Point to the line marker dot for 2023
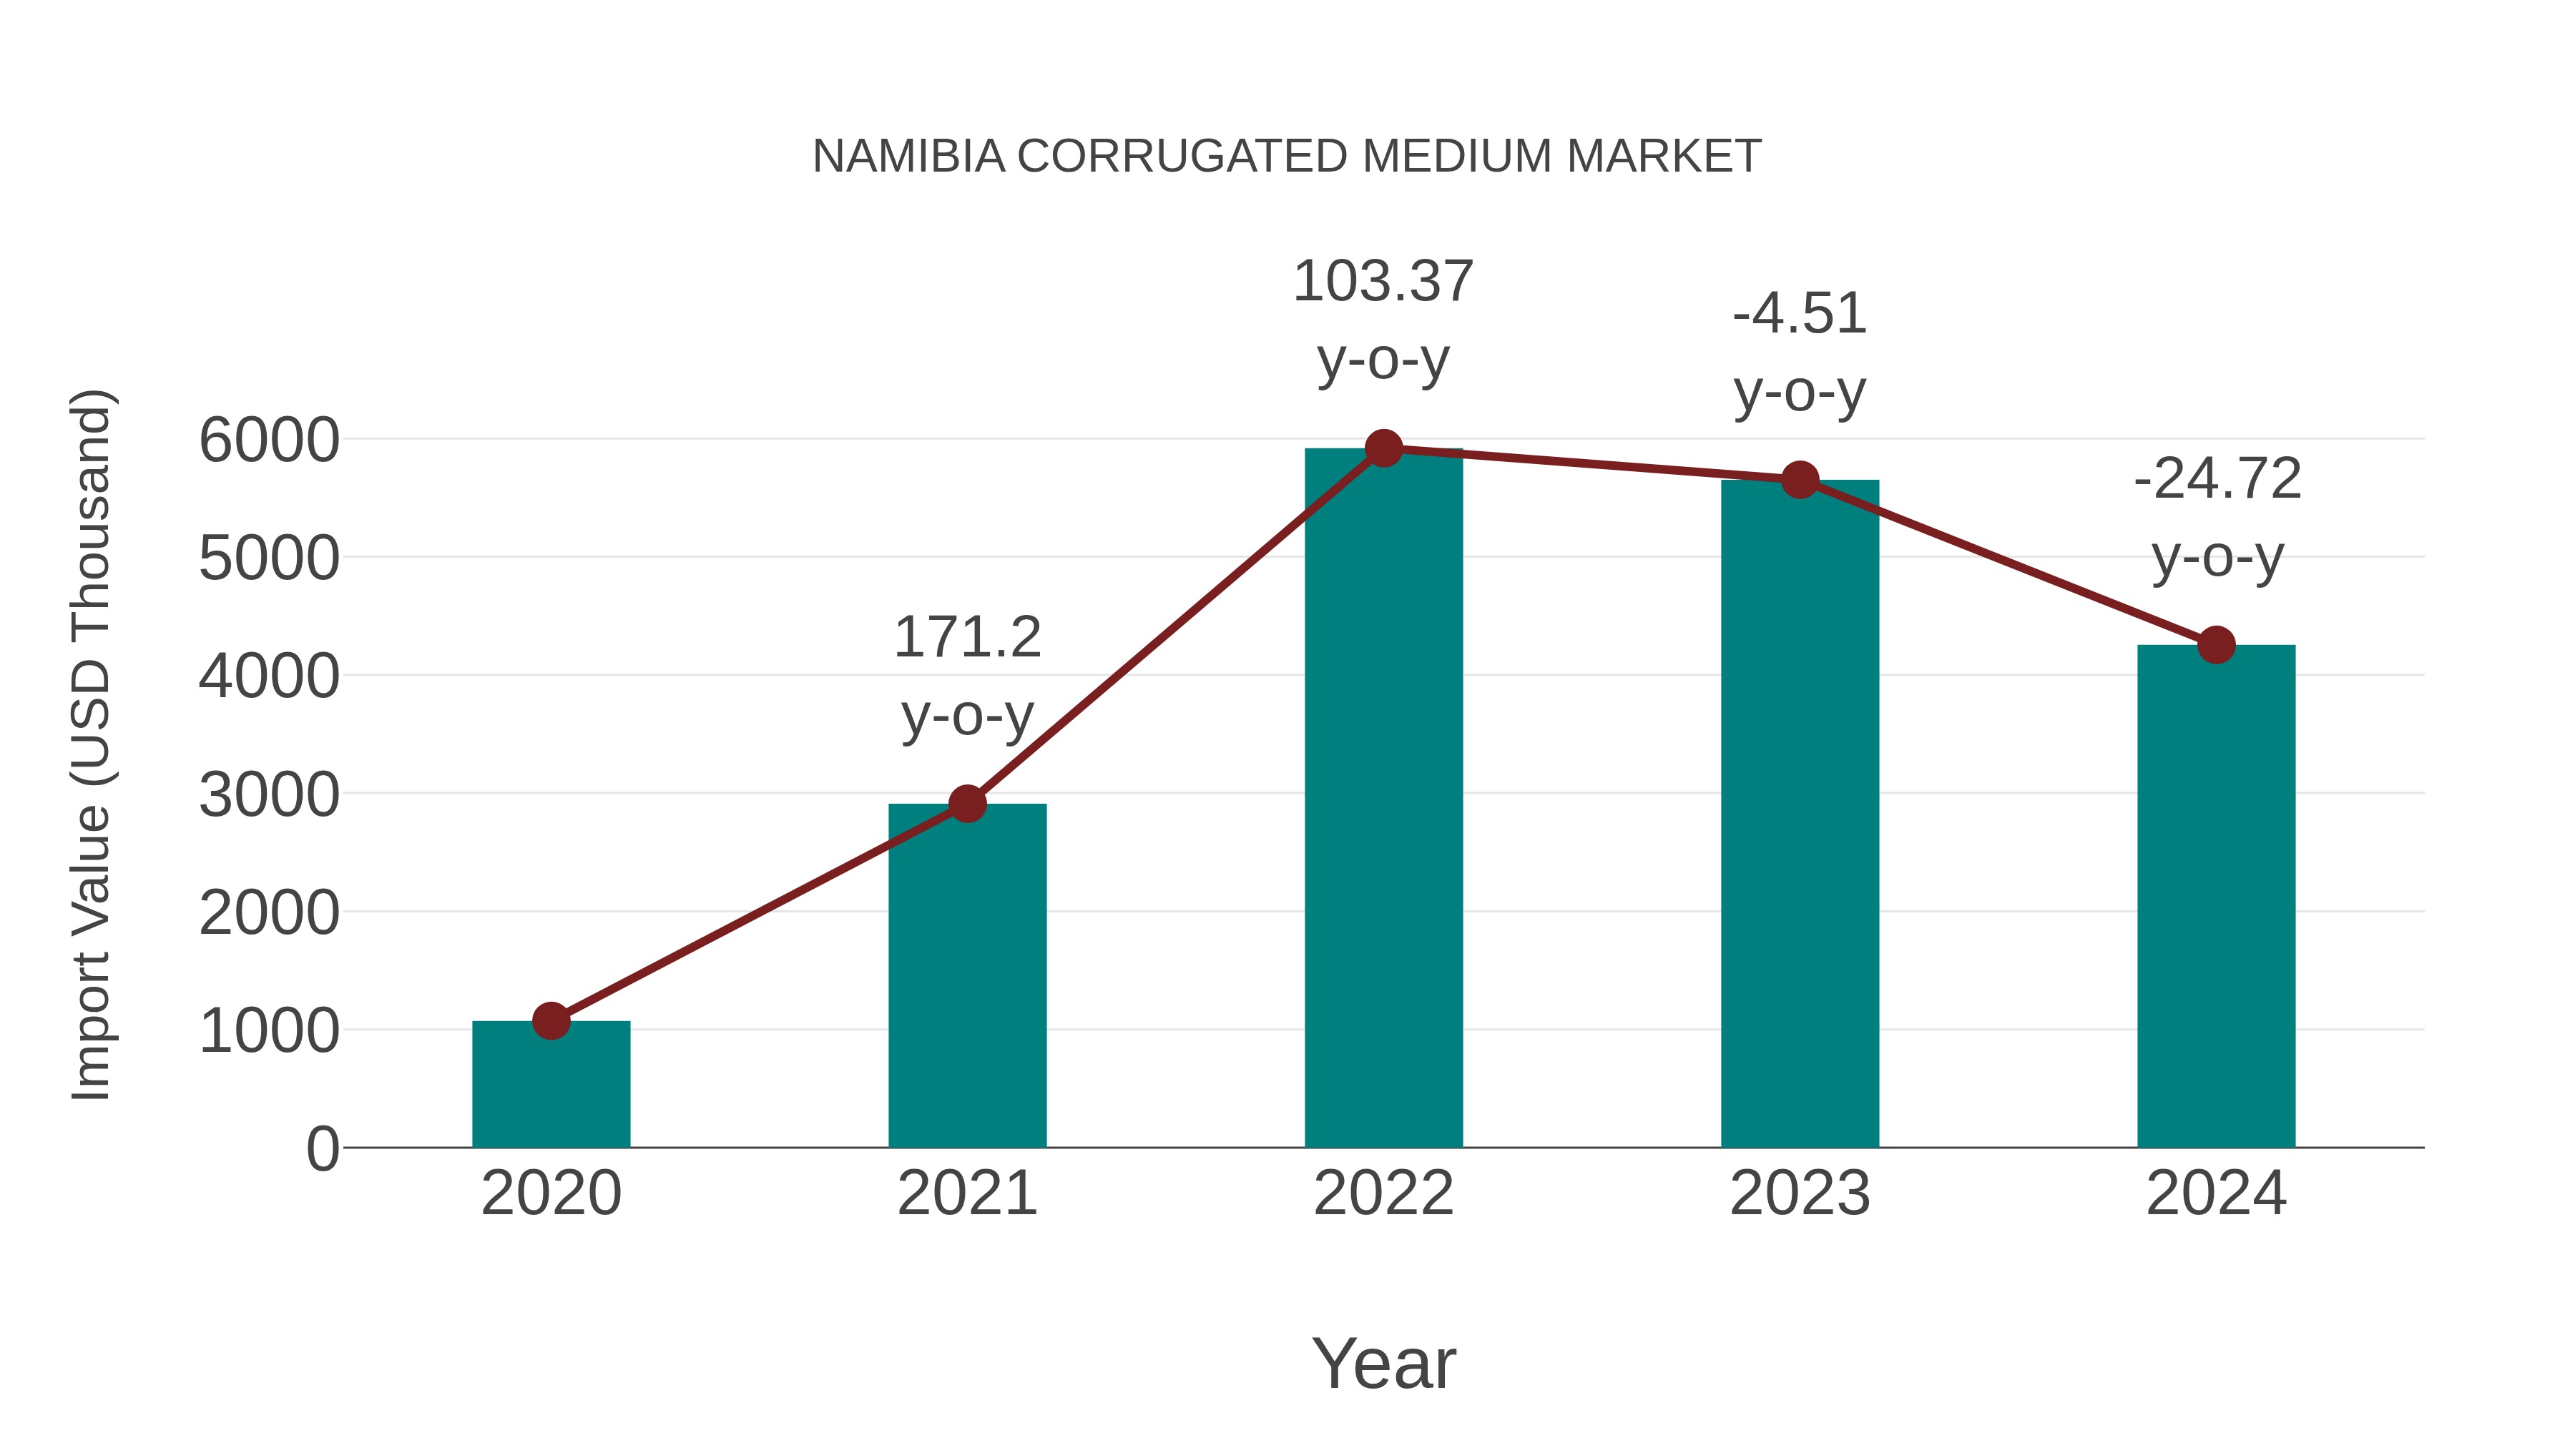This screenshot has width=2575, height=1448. pyautogui.click(x=1800, y=480)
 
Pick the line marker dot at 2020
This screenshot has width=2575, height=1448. pyautogui.click(x=551, y=1021)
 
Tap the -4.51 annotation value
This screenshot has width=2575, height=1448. pyautogui.click(x=1800, y=314)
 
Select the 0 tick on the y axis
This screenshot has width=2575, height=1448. pyautogui.click(x=322, y=1149)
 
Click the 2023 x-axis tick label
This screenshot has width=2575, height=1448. pyautogui.click(x=1800, y=1193)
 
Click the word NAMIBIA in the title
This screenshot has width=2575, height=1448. pyautogui.click(x=908, y=157)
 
